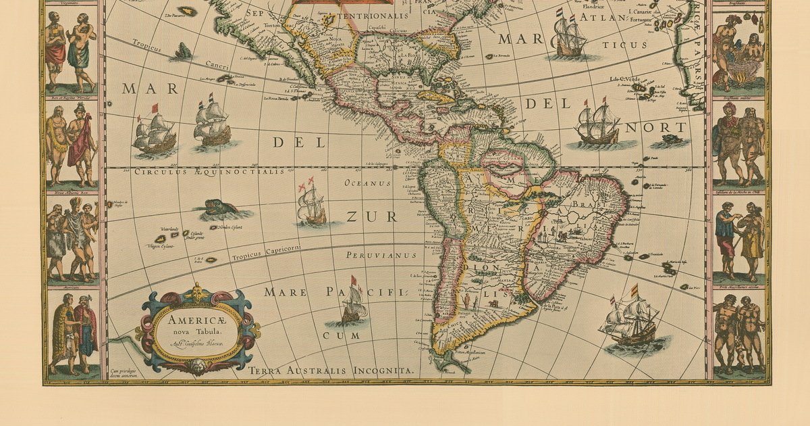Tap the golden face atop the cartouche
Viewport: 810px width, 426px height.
tap(198, 293)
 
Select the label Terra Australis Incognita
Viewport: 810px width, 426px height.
tap(330, 371)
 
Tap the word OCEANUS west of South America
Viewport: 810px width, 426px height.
tap(368, 183)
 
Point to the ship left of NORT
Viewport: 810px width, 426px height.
tap(596, 123)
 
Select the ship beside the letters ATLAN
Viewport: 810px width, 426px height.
tap(569, 35)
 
